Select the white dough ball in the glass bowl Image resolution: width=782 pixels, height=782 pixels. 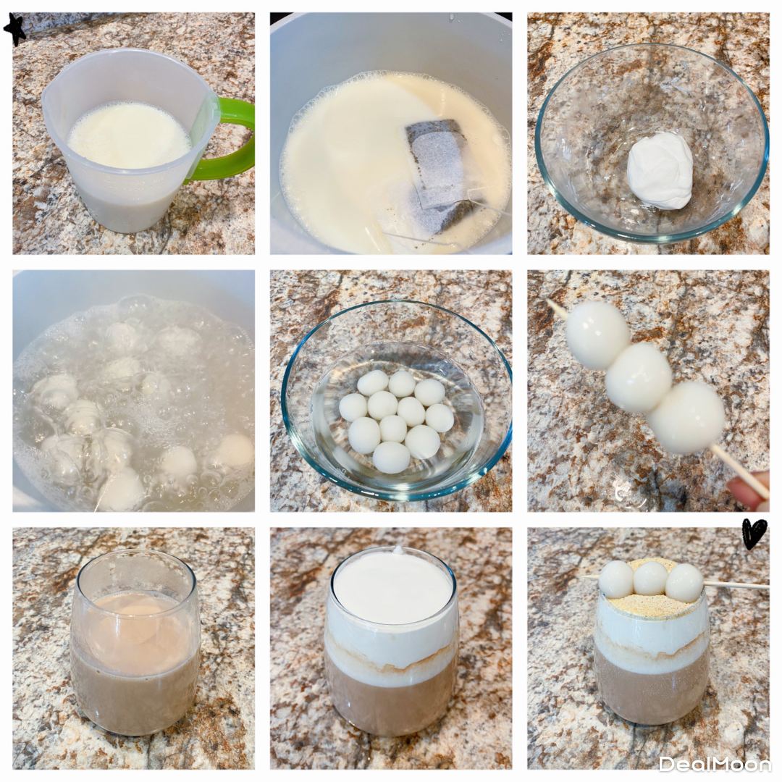660,170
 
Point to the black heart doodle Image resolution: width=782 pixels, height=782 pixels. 754,534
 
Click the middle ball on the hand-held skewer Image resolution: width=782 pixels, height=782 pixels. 639,377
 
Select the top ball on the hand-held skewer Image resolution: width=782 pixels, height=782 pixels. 597,335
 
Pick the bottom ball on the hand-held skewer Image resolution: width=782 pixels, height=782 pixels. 687,418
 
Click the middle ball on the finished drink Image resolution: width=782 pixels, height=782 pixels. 650,578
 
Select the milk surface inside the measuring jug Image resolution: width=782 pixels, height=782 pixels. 130,135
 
